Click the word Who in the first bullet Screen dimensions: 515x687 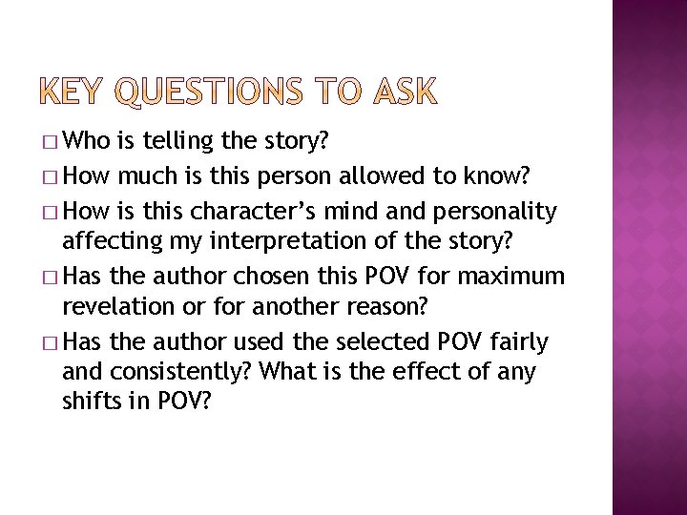92,143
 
